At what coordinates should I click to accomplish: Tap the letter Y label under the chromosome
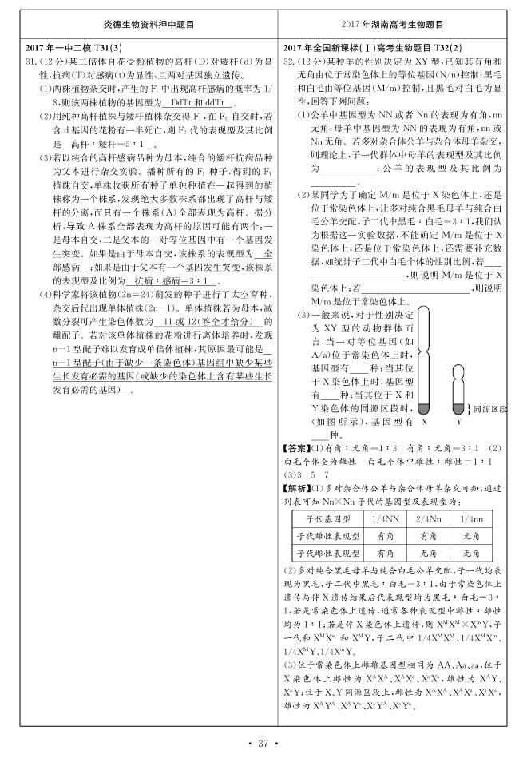(x=459, y=421)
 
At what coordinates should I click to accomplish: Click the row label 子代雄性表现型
(x=328, y=535)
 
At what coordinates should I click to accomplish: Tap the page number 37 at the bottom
(x=263, y=744)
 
